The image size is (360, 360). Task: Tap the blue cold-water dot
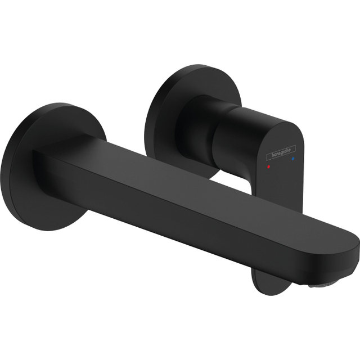(292, 160)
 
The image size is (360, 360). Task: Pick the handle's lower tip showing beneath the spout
(264, 278)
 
